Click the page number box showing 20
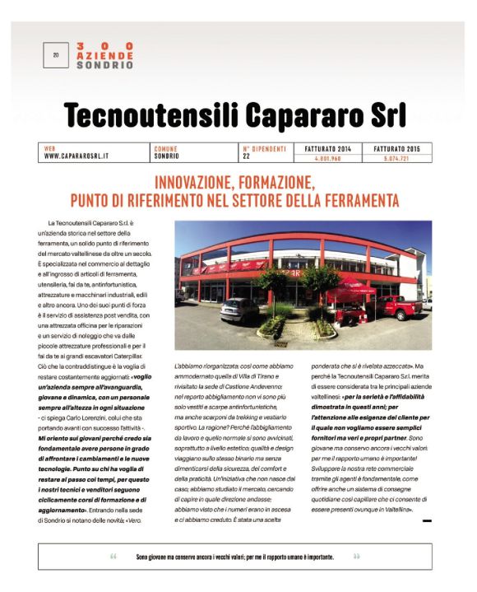pos(56,55)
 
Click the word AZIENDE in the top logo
pos(104,54)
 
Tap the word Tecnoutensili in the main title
pos(156,116)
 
